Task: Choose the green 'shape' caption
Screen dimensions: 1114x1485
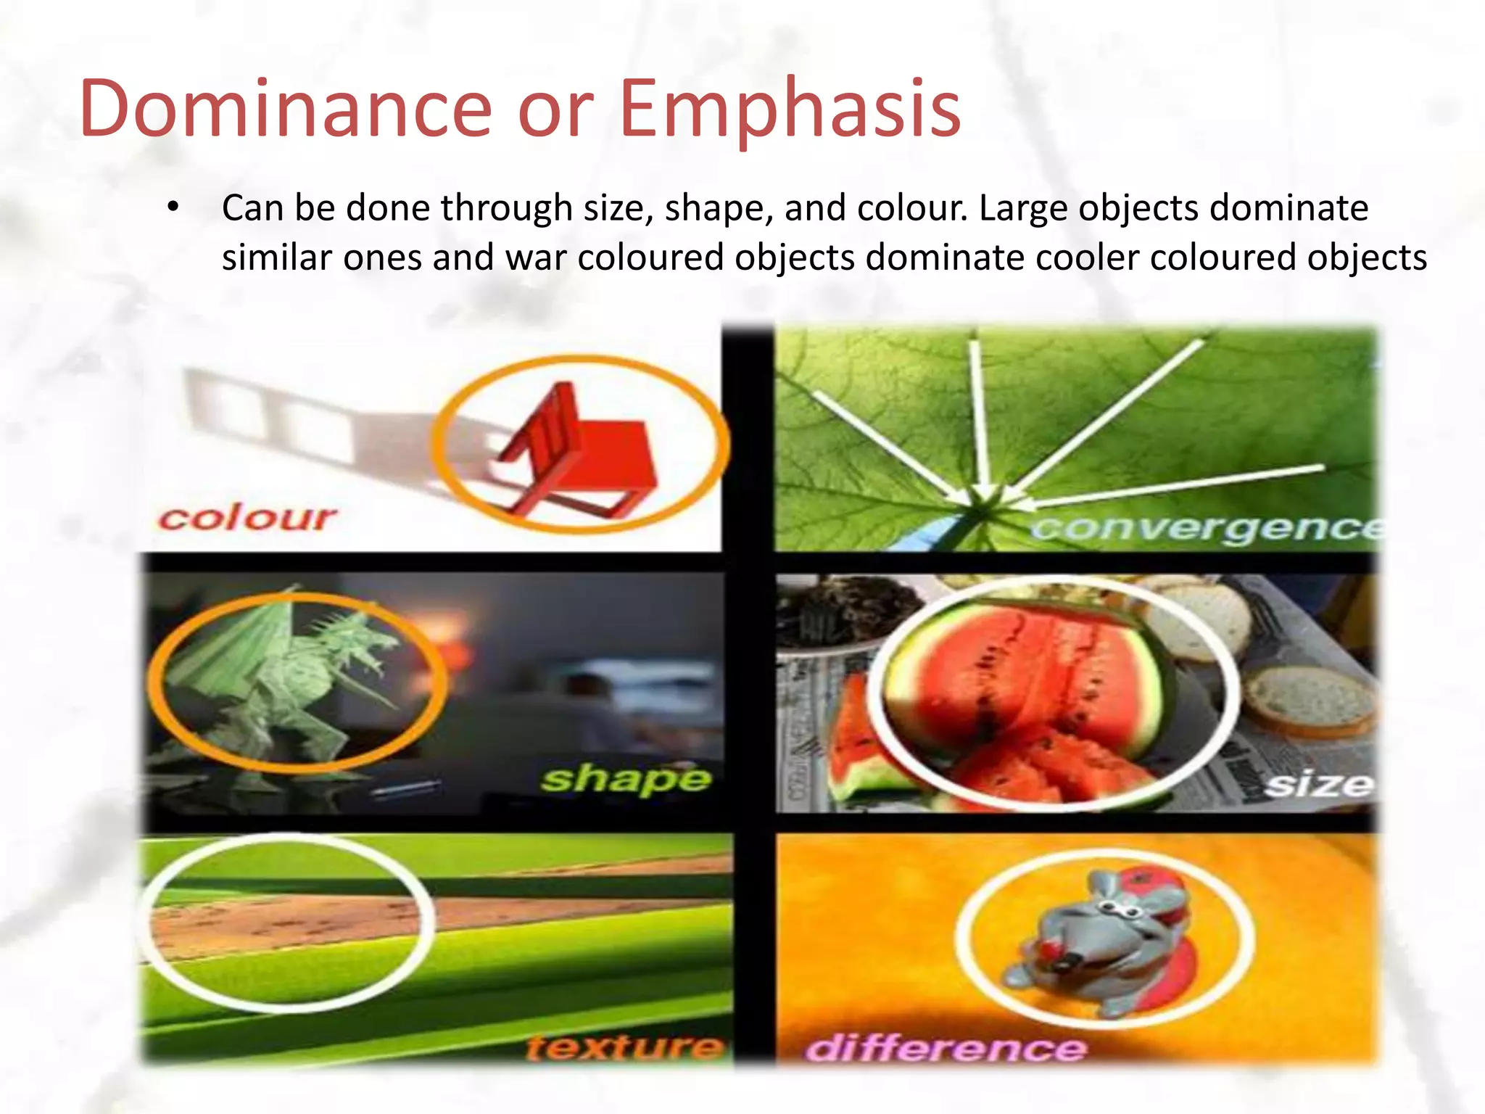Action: point(625,779)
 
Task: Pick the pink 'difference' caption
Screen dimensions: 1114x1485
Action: point(946,1049)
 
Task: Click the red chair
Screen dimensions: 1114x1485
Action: point(580,450)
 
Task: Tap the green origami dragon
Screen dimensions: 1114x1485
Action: point(290,674)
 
